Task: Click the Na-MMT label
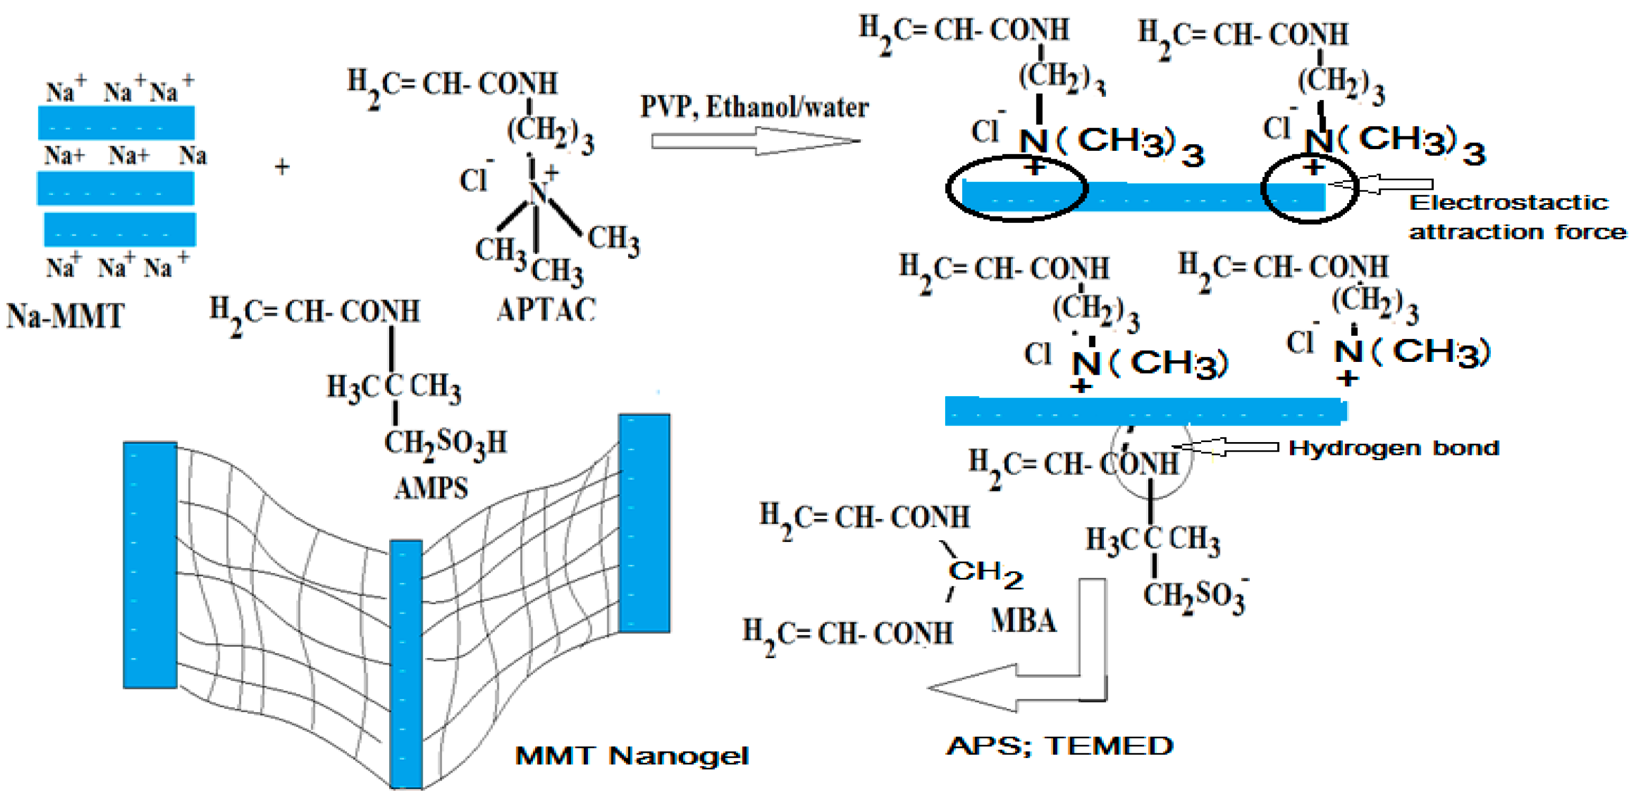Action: click(65, 315)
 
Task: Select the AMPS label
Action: click(431, 488)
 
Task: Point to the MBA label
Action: click(1023, 620)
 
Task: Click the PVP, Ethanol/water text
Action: click(754, 106)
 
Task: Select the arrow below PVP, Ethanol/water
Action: click(754, 141)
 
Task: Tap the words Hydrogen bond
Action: click(1393, 448)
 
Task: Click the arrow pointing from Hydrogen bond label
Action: click(1226, 447)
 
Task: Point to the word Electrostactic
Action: click(1509, 203)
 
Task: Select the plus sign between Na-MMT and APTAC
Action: click(282, 167)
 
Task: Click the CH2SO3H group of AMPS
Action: click(445, 442)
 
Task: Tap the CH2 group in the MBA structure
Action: click(985, 574)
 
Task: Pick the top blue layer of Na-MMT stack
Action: click(116, 122)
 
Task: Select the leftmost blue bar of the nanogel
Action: click(150, 565)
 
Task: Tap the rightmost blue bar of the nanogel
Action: click(644, 523)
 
